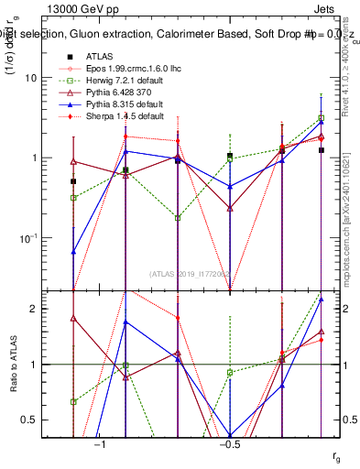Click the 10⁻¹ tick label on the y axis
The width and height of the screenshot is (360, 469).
(x=32, y=238)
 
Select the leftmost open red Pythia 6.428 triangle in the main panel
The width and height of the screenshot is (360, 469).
(x=73, y=161)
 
